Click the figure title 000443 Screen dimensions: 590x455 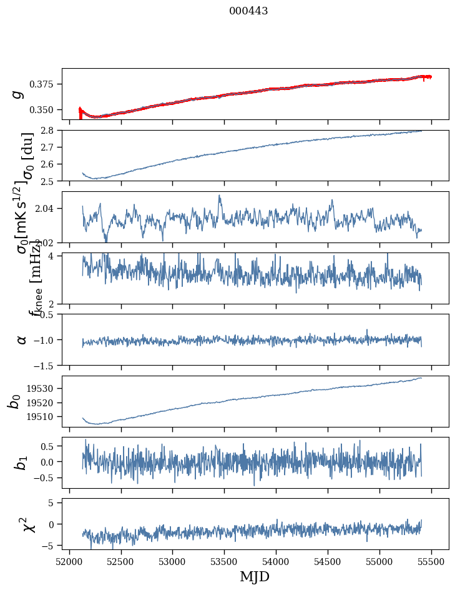[x=248, y=11]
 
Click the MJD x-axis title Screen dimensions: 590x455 [x=255, y=576]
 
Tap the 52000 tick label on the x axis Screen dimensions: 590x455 [x=69, y=561]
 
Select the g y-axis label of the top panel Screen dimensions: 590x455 [x=19, y=94]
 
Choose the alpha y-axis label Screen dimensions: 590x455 [x=22, y=339]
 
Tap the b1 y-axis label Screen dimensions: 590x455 [x=22, y=462]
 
